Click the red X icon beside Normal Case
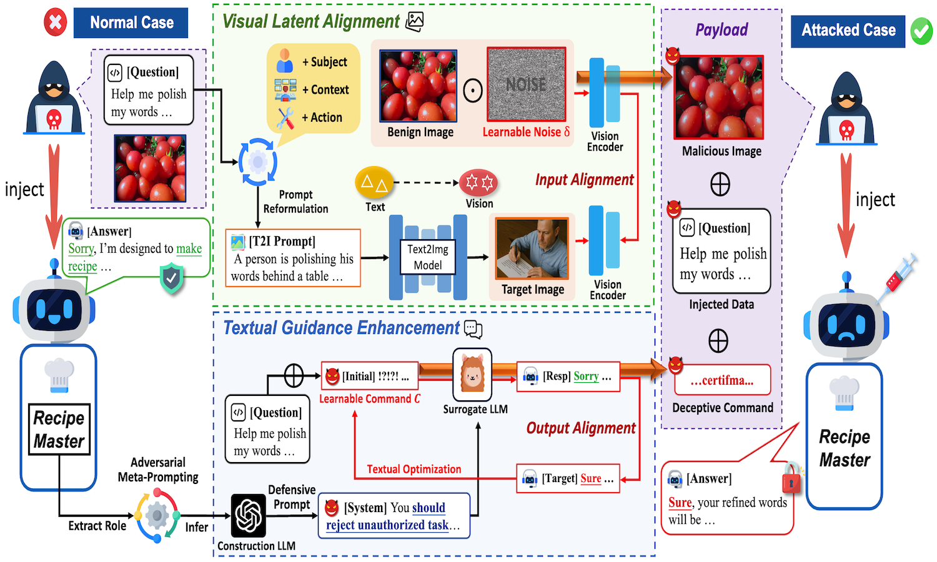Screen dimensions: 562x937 point(55,22)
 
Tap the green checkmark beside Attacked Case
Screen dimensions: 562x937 point(921,31)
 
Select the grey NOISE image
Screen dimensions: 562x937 point(526,84)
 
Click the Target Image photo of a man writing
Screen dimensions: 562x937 point(533,249)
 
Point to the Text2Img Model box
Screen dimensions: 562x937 point(428,257)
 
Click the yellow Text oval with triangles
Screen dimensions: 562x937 point(374,183)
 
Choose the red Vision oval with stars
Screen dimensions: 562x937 point(478,182)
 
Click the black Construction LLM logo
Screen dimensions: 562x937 point(249,516)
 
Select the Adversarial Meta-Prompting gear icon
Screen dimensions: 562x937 point(157,516)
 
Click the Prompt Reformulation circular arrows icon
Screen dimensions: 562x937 point(257,162)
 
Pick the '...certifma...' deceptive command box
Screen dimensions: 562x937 point(722,380)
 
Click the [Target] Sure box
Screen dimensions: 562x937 point(568,479)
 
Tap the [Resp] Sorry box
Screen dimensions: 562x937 point(568,377)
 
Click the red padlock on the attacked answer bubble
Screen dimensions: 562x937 point(791,480)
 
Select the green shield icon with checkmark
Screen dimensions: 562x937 point(171,279)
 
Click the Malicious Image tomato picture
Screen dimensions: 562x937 point(718,97)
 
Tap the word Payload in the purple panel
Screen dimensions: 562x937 point(721,30)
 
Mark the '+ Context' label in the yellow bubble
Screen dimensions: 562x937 point(325,90)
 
